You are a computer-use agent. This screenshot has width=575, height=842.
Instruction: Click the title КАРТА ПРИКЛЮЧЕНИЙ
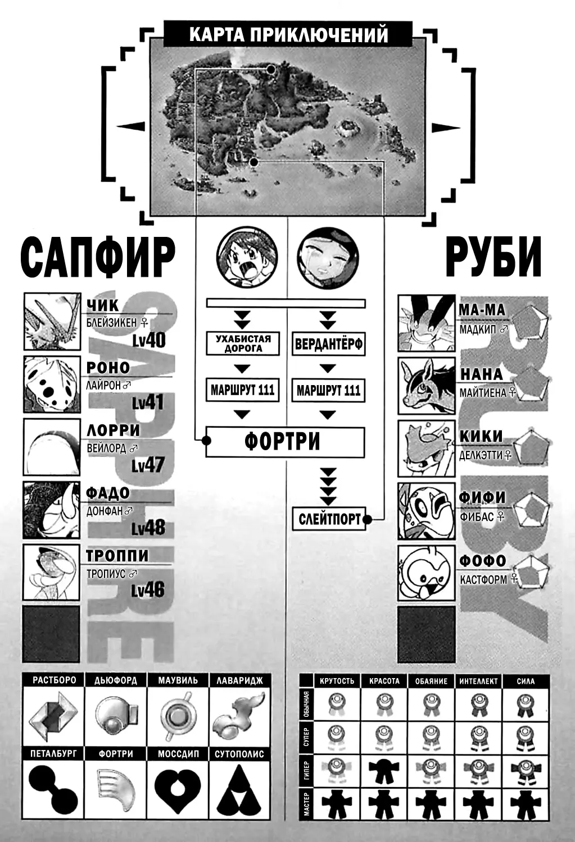point(288,34)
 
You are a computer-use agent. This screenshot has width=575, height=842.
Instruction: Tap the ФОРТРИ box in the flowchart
point(285,442)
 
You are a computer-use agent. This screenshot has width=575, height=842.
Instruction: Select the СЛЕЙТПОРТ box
point(329,519)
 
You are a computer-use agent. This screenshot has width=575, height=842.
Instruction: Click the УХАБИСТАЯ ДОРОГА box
point(243,343)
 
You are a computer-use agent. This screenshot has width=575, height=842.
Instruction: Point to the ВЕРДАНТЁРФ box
point(328,344)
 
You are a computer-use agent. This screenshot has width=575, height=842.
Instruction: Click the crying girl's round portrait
point(328,258)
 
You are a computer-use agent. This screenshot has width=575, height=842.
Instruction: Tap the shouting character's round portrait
point(247,258)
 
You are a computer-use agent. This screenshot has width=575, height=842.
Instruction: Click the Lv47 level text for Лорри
point(148,465)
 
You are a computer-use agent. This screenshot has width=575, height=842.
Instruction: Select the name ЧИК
point(102,305)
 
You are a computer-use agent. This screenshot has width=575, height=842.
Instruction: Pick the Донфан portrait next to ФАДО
point(52,510)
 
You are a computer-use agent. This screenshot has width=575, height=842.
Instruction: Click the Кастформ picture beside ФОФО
point(427,573)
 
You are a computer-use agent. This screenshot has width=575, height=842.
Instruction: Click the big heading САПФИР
point(98,258)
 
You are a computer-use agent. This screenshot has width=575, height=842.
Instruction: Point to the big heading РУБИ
point(493,257)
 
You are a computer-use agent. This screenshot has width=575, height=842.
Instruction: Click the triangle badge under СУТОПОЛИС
point(239,789)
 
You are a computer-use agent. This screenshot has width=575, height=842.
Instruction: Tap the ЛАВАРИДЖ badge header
point(239,680)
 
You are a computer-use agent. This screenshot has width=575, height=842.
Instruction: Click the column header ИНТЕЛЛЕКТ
point(478,681)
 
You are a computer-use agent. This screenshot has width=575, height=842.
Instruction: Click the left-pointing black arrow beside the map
point(131,126)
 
